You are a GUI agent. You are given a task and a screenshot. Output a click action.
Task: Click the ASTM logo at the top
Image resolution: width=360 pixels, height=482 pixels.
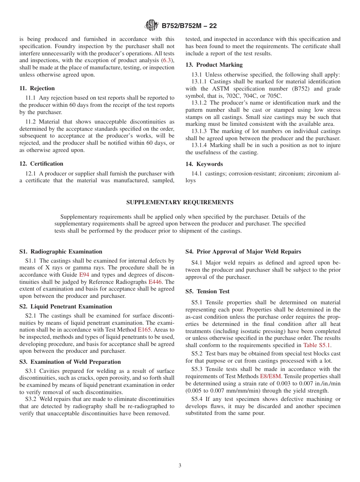pyautogui.click(x=152, y=26)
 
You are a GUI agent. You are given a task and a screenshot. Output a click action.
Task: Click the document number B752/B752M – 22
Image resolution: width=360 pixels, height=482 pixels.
pyautogui.click(x=189, y=26)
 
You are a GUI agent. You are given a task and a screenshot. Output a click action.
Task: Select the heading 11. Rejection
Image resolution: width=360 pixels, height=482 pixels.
pyautogui.click(x=37, y=88)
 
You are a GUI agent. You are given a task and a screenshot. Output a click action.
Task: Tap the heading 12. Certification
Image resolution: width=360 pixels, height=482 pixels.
pyautogui.click(x=41, y=164)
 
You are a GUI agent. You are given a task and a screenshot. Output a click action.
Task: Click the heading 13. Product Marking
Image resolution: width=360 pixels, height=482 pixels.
pyautogui.click(x=214, y=65)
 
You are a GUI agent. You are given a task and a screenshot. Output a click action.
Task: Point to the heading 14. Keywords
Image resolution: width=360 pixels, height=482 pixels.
pyautogui.click(x=204, y=164)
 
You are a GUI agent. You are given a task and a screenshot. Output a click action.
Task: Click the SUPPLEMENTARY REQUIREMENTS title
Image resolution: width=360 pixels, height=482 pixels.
pyautogui.click(x=180, y=202)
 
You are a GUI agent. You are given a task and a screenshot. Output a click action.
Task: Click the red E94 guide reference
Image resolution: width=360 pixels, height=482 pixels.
pyautogui.click(x=84, y=275)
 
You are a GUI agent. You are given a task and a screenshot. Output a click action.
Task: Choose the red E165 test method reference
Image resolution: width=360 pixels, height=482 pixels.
pyautogui.click(x=144, y=330)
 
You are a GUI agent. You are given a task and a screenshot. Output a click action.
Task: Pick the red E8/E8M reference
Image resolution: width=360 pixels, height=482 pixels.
pyautogui.click(x=271, y=376)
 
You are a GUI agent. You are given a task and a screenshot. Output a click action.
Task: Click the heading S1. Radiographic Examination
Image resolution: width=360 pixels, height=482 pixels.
pyautogui.click(x=61, y=252)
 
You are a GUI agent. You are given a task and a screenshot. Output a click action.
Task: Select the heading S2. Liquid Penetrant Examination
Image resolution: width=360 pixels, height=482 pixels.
pyautogui.click(x=66, y=307)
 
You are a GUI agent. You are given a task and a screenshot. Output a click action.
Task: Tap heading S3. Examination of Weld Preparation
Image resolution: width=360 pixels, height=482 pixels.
pyautogui.click(x=70, y=362)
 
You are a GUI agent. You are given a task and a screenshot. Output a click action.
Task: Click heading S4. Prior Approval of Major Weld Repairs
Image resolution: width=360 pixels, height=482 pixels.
pyautogui.click(x=243, y=252)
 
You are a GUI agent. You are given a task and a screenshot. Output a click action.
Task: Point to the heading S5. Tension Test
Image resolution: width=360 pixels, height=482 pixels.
pyautogui.click(x=207, y=291)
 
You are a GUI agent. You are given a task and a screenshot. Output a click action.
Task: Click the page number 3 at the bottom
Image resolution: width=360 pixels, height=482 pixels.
pyautogui.click(x=180, y=466)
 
